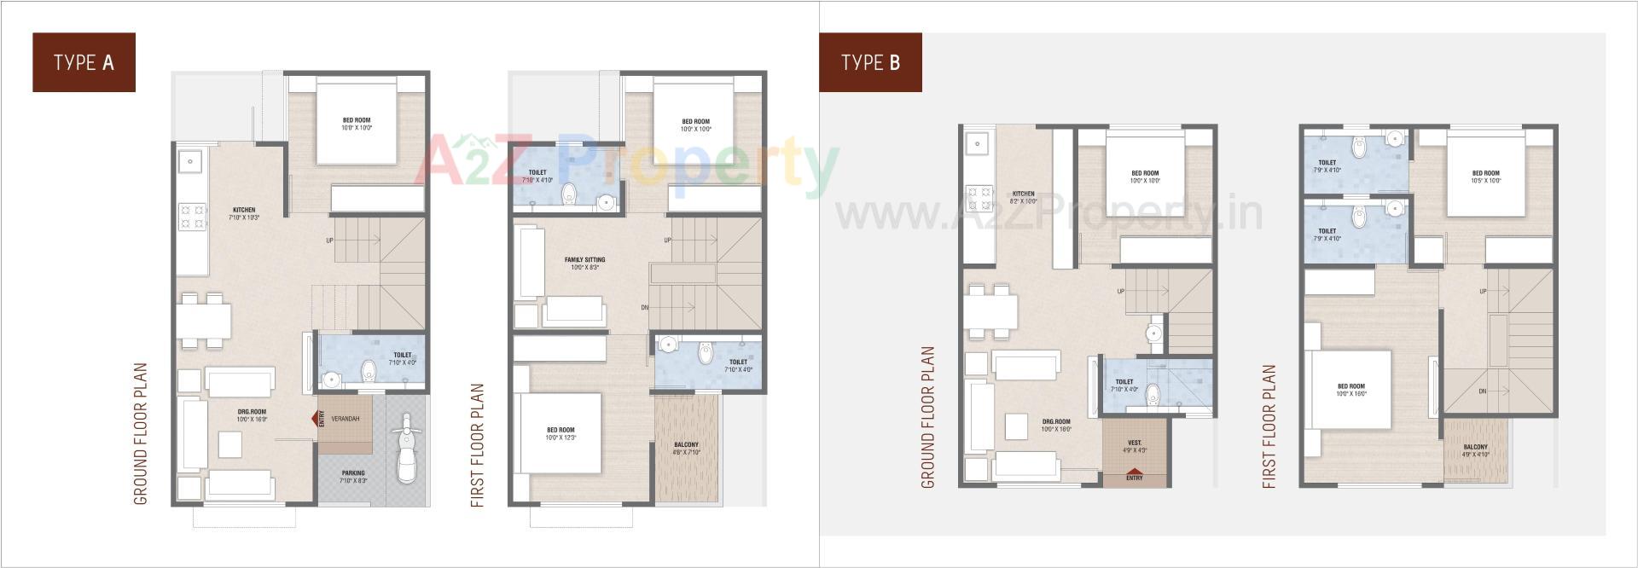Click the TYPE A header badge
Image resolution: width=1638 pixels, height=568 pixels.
click(x=84, y=62)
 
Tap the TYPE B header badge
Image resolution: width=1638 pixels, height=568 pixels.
click(x=870, y=62)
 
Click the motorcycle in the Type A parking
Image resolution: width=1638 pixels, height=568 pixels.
click(x=406, y=449)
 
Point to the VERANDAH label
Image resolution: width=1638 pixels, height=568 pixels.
click(x=346, y=419)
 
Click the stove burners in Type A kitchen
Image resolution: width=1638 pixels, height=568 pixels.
click(x=192, y=216)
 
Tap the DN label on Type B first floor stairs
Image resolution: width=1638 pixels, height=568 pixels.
click(x=1483, y=391)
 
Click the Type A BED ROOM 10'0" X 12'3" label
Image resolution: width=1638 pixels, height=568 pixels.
click(x=561, y=433)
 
